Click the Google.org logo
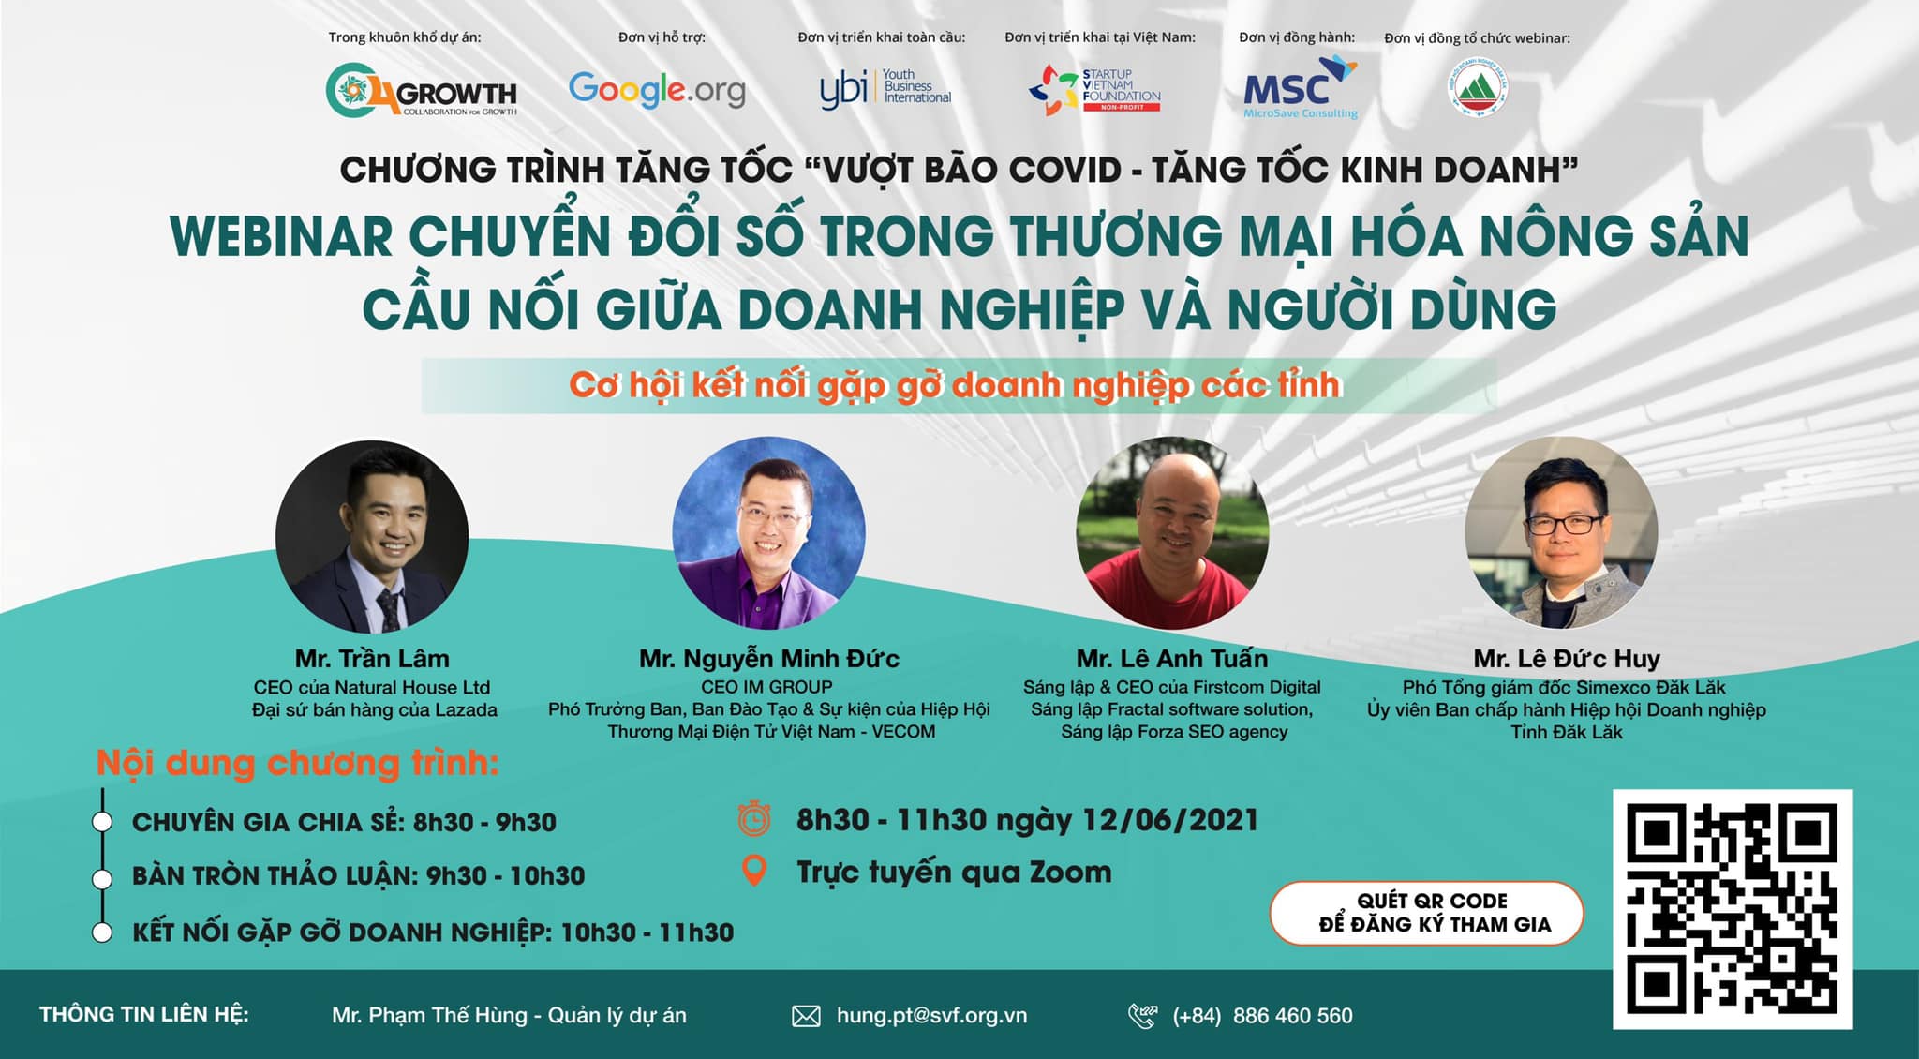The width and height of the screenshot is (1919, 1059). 657,90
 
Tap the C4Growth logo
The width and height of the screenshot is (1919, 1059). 422,91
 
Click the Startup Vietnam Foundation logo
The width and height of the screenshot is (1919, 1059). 1094,90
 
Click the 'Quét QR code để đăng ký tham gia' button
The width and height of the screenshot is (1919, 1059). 1426,913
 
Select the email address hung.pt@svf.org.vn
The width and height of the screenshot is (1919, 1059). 931,1016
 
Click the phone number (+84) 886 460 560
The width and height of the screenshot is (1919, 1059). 1262,1016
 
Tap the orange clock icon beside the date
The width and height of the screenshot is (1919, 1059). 754,819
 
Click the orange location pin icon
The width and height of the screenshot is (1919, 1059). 753,872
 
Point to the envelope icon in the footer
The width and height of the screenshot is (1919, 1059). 806,1016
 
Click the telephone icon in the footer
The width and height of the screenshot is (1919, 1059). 1143,1016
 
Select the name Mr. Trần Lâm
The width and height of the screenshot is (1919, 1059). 372,659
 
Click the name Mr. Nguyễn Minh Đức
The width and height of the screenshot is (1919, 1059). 768,659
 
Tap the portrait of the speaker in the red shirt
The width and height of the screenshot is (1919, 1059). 1171,533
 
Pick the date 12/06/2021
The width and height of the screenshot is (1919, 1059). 1169,820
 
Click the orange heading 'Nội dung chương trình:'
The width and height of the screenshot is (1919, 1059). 297,763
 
